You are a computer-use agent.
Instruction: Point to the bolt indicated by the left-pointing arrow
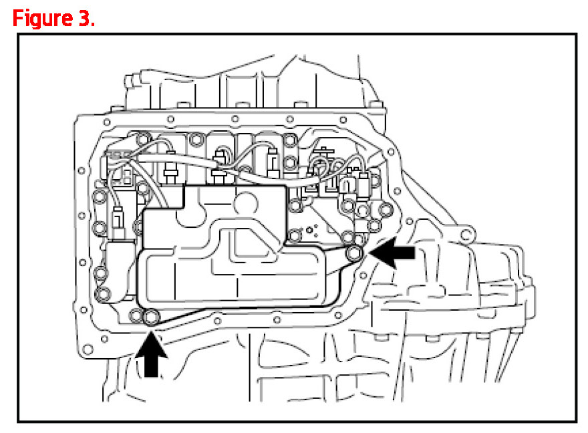pyautogui.click(x=355, y=252)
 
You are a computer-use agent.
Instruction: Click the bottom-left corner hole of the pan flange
pyautogui.click(x=86, y=349)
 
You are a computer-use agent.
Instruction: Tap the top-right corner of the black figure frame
pyautogui.click(x=575, y=35)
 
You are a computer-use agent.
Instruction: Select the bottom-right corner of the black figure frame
pyautogui.click(x=575, y=421)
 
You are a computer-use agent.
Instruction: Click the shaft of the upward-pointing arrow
pyautogui.click(x=153, y=364)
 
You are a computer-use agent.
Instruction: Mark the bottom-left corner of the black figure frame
pyautogui.click(x=18, y=421)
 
